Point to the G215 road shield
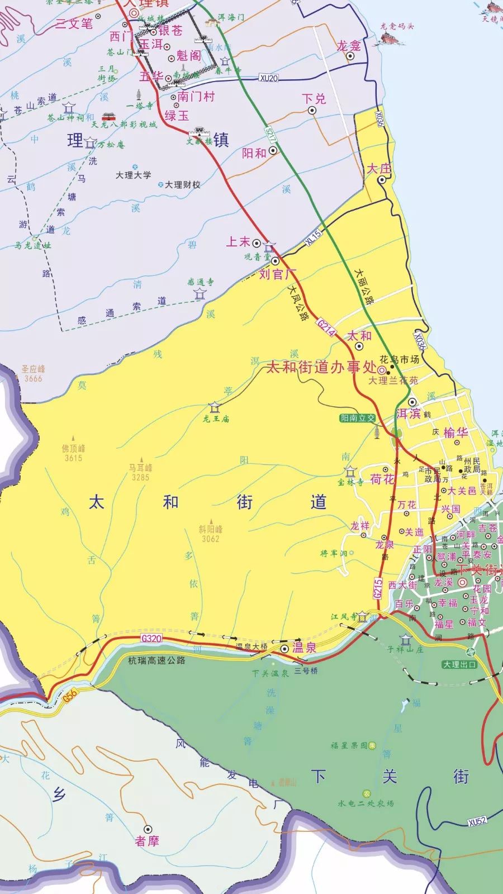click(378, 588)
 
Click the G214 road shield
click(329, 328)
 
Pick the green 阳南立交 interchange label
click(358, 418)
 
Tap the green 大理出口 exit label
click(459, 665)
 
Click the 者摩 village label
click(147, 841)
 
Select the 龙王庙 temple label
click(216, 419)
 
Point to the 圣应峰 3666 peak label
click(33, 373)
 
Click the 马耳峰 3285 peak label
click(140, 473)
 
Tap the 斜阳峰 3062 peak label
click(211, 534)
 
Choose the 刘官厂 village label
click(277, 274)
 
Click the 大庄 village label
click(379, 168)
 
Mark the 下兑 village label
click(314, 99)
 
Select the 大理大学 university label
click(133, 175)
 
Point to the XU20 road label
click(269, 78)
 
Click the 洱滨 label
click(408, 413)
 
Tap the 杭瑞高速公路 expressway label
click(156, 660)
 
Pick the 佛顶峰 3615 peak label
click(73, 453)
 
